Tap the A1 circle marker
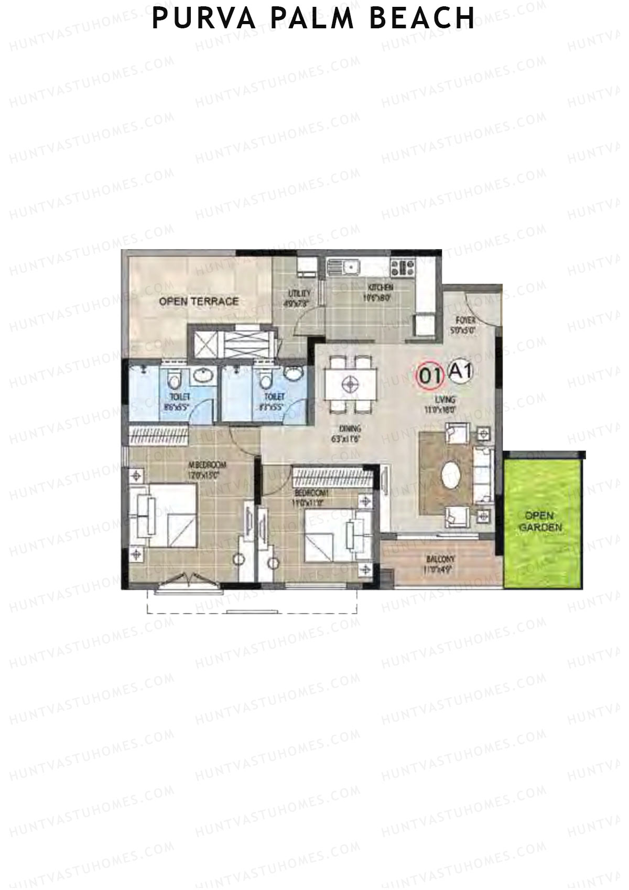point(461,372)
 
